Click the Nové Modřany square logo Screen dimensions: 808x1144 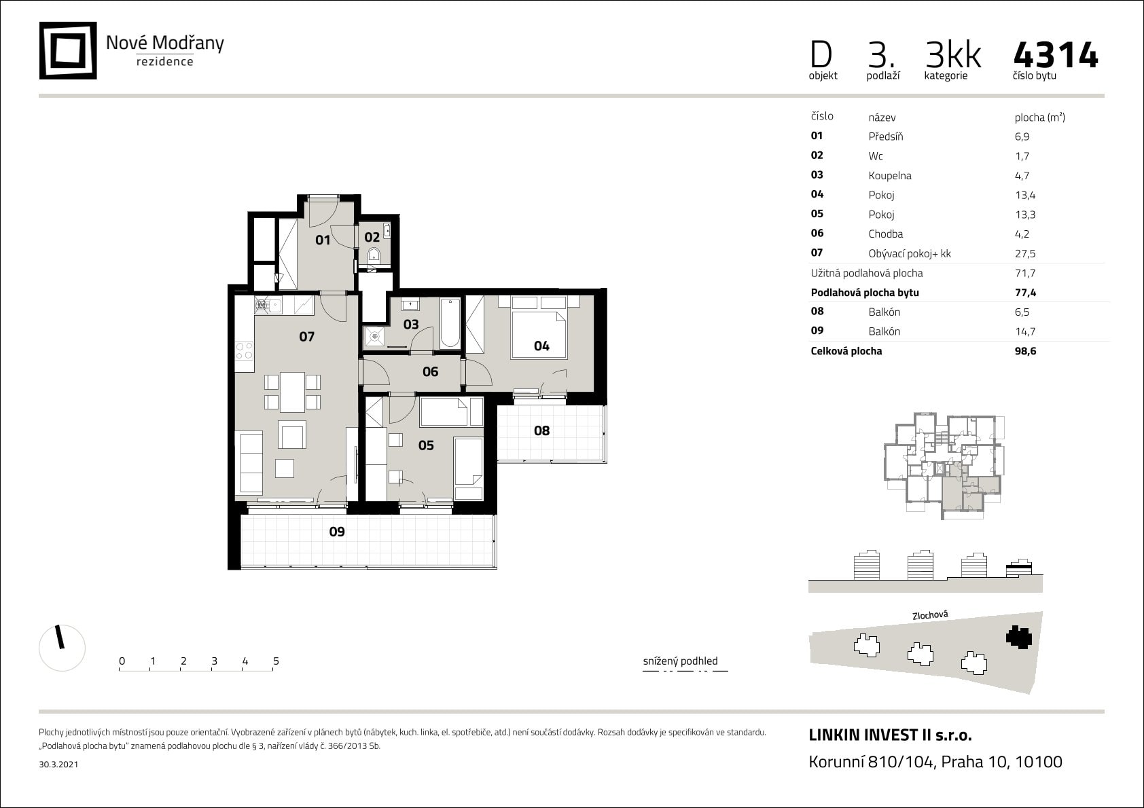(68, 51)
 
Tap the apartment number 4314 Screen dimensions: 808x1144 (1056, 56)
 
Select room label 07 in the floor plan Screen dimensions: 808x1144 (306, 337)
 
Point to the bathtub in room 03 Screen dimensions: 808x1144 (450, 323)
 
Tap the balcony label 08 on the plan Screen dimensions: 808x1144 (541, 430)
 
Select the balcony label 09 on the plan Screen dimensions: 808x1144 (337, 532)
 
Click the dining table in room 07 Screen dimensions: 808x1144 (292, 392)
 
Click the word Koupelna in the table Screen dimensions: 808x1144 (889, 176)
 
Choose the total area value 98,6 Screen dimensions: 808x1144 (1025, 352)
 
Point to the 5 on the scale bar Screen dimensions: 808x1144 (276, 661)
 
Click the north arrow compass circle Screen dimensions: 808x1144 (62, 648)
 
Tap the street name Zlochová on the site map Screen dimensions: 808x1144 (930, 615)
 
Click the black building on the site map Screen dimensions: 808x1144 (1018, 637)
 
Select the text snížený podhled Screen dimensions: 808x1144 (680, 661)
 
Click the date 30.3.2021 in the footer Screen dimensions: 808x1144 (59, 765)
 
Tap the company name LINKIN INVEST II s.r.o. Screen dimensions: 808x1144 (890, 735)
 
